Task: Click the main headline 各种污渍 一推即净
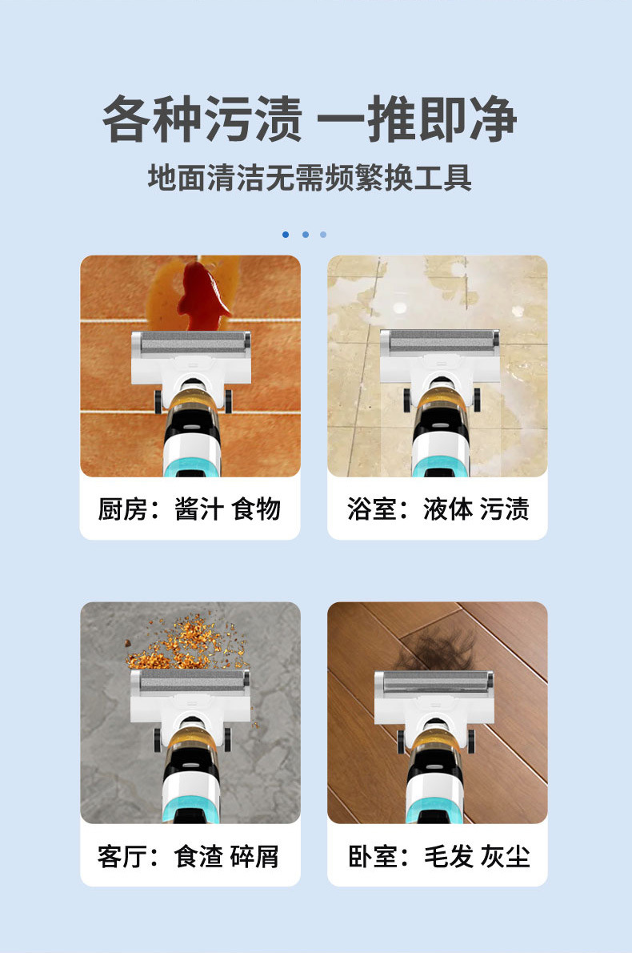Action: tap(310, 120)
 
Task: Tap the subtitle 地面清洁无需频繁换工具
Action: tap(310, 177)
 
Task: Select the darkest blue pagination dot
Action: tap(286, 235)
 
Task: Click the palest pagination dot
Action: tap(323, 235)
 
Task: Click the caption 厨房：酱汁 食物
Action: tap(190, 509)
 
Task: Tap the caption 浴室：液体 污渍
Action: tap(438, 509)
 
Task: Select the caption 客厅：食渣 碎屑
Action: tap(190, 855)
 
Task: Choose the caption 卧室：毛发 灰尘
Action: tap(438, 855)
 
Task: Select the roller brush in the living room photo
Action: tap(190, 682)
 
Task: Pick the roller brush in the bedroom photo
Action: tap(434, 685)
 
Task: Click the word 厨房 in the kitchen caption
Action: tap(122, 509)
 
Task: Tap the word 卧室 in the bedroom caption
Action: tap(372, 855)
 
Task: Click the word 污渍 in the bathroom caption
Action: tap(504, 509)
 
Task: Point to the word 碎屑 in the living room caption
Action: tap(255, 855)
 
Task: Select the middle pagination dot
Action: tap(305, 235)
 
